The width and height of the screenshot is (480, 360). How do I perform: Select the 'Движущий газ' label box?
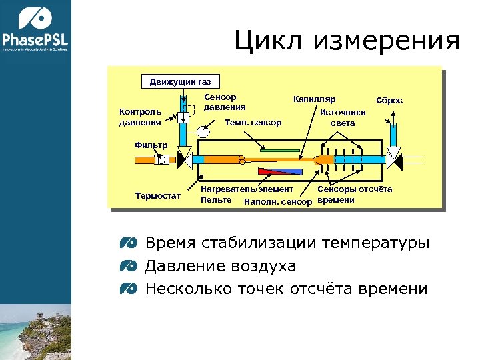pyautogui.click(x=180, y=82)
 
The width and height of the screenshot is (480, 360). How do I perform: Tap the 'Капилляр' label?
pyautogui.click(x=314, y=99)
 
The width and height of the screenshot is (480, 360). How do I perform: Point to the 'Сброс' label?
pyautogui.click(x=389, y=100)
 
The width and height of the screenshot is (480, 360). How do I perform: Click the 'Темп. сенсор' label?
pyautogui.click(x=253, y=123)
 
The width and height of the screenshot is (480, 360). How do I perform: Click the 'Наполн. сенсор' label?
pyautogui.click(x=278, y=201)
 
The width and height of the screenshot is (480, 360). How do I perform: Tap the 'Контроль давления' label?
pyautogui.click(x=140, y=117)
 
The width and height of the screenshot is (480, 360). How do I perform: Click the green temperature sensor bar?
pyautogui.click(x=280, y=151)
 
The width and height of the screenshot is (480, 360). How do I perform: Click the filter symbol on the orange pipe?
pyautogui.click(x=161, y=160)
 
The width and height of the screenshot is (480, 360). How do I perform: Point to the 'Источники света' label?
pyautogui.click(x=343, y=118)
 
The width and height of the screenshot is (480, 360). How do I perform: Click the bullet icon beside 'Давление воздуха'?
pyautogui.click(x=129, y=266)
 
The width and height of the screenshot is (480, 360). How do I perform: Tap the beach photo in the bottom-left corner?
pyautogui.click(x=35, y=331)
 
